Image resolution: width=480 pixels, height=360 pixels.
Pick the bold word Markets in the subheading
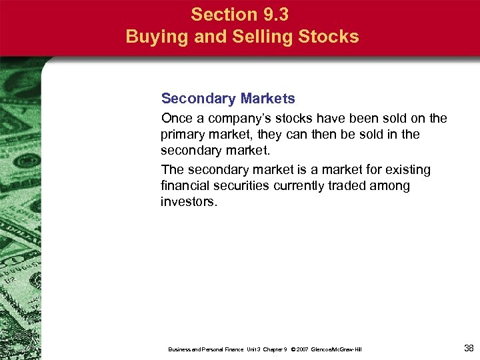click(264, 99)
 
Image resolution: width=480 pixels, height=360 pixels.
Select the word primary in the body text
click(182, 133)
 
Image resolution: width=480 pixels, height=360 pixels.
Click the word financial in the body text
click(184, 186)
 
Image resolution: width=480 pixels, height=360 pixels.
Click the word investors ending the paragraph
click(189, 201)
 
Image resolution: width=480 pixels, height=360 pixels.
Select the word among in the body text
click(393, 186)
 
